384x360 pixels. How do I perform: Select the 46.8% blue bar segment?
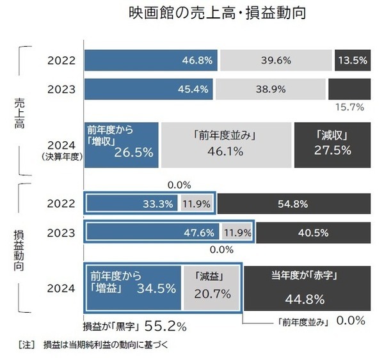tap(151, 61)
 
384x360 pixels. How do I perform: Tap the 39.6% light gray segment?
tap(276, 61)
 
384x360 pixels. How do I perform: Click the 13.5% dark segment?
tap(352, 61)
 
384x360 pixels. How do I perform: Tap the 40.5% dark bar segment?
tap(313, 231)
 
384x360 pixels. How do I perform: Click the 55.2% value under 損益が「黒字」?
tap(166, 325)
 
